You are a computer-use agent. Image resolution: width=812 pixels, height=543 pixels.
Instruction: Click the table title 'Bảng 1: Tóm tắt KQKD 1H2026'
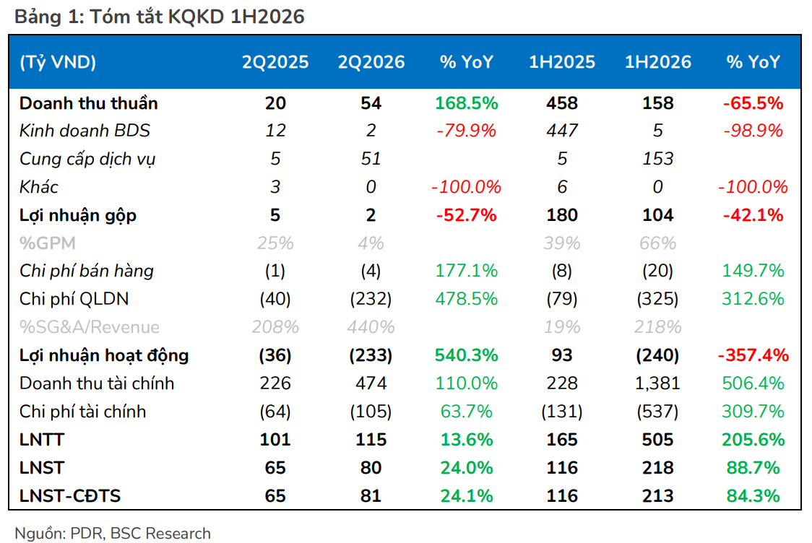(x=160, y=17)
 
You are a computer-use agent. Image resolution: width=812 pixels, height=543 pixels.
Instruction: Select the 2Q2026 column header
(x=371, y=62)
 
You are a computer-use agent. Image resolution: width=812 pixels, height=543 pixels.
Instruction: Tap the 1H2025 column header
(x=562, y=62)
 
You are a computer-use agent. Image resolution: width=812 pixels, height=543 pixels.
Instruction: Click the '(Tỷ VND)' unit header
(x=58, y=63)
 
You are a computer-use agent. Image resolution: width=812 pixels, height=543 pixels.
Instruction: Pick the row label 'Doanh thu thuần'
(x=89, y=103)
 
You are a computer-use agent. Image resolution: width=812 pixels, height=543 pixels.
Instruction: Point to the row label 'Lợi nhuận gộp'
(x=78, y=215)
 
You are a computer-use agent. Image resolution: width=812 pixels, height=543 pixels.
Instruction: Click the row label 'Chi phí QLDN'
(x=74, y=299)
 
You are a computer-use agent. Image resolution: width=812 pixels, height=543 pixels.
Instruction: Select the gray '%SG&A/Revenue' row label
(x=90, y=327)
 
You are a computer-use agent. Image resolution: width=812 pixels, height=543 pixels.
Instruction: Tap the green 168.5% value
(x=467, y=103)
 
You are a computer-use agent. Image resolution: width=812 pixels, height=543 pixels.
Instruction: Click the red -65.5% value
(x=753, y=103)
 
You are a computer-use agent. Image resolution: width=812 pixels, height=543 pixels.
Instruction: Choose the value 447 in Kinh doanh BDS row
(x=562, y=131)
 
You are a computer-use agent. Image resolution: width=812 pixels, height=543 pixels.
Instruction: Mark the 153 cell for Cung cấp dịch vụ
(x=657, y=158)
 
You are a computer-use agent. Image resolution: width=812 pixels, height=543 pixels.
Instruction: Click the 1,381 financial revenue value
(x=657, y=383)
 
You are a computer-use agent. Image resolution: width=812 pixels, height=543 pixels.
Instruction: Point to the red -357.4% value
(x=753, y=355)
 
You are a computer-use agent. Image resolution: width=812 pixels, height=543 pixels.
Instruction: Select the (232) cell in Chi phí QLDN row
(x=371, y=299)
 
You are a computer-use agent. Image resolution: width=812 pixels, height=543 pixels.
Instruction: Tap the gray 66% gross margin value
(x=657, y=243)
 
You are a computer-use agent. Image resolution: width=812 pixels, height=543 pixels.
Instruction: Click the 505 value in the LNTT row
(x=657, y=440)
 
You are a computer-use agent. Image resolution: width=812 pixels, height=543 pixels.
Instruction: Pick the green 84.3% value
(x=753, y=496)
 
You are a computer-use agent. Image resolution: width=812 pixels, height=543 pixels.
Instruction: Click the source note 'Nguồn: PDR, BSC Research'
(x=113, y=533)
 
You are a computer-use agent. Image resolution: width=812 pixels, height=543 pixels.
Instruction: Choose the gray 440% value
(x=371, y=327)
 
